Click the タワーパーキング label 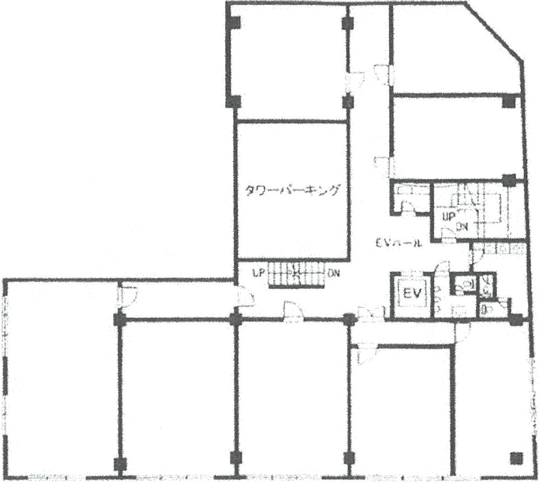pyautogui.click(x=291, y=190)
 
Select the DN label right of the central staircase pyautogui.click(x=334, y=273)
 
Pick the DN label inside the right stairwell pyautogui.click(x=461, y=227)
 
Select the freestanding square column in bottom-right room pyautogui.click(x=514, y=458)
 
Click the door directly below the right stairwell pyautogui.click(x=476, y=256)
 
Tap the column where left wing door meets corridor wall pyautogui.click(x=120, y=320)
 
